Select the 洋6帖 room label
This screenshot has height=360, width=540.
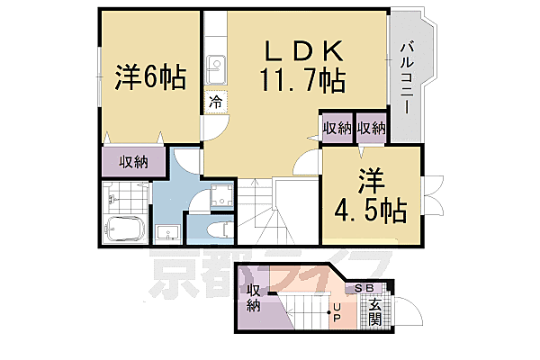(150, 78)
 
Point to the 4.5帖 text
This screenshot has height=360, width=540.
(370, 211)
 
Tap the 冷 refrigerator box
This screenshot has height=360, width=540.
(215, 102)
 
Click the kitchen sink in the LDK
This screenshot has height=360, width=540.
(216, 67)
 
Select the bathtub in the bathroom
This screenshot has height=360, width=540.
(123, 230)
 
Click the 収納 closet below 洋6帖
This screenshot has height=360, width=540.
(134, 162)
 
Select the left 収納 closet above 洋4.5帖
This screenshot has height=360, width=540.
(337, 128)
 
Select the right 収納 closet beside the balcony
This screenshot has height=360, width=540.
(371, 128)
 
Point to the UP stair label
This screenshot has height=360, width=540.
(336, 315)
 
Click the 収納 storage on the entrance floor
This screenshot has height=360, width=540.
(253, 299)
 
